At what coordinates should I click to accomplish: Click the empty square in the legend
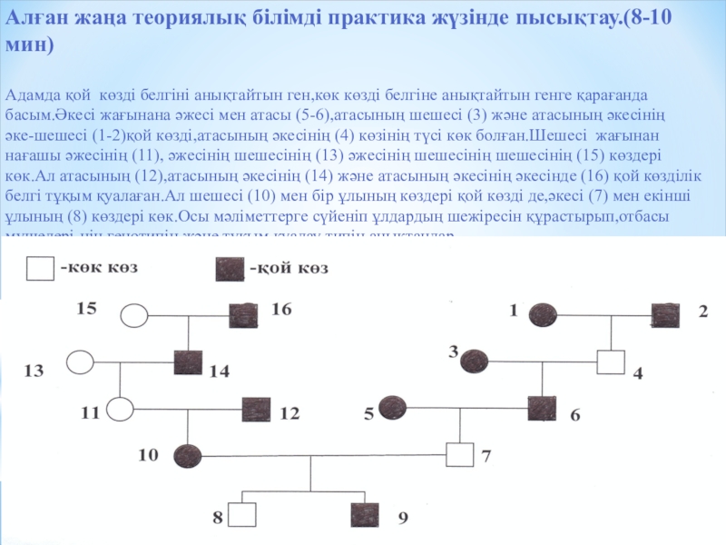tap(39, 269)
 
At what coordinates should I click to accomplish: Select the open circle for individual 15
tap(135, 315)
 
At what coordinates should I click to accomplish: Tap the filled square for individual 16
tap(243, 315)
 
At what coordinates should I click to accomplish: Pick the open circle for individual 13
tap(81, 362)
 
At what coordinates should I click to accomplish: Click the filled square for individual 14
tap(187, 362)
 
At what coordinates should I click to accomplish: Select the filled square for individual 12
tap(255, 411)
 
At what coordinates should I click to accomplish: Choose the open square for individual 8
tap(241, 516)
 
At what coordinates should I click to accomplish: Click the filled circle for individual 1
tap(543, 314)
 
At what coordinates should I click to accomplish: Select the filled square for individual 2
tap(665, 314)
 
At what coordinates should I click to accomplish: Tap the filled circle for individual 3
tap(474, 362)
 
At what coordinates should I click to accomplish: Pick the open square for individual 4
tap(610, 362)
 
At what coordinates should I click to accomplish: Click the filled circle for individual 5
tap(392, 409)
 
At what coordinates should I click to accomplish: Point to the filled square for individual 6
tap(542, 409)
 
